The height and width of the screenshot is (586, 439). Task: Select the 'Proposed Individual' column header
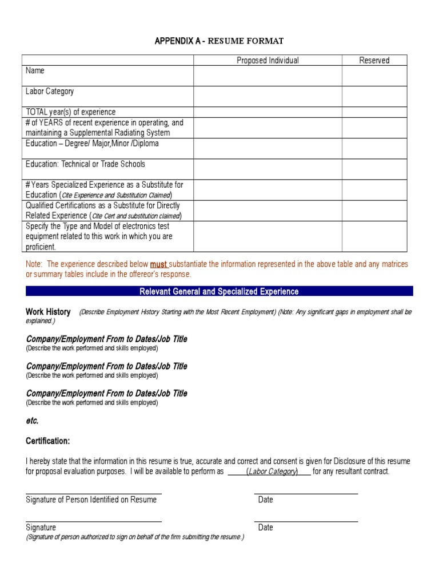click(x=268, y=60)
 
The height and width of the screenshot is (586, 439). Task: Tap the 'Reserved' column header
click(x=374, y=60)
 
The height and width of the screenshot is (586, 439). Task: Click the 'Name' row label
click(x=35, y=70)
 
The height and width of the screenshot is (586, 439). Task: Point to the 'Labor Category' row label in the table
click(x=50, y=91)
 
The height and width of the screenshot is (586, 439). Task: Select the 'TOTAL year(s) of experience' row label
click(x=70, y=112)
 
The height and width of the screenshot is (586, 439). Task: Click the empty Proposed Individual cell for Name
click(x=268, y=76)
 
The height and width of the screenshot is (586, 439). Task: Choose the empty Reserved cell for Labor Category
click(x=374, y=96)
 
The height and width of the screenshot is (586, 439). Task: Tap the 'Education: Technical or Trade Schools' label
click(x=85, y=164)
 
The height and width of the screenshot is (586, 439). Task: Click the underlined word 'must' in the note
click(x=158, y=264)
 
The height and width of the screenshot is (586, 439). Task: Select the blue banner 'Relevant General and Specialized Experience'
click(x=219, y=291)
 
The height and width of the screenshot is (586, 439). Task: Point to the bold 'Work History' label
click(x=48, y=312)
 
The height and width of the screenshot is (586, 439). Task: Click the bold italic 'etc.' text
click(x=32, y=421)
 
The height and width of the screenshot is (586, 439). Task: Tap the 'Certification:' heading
click(x=48, y=441)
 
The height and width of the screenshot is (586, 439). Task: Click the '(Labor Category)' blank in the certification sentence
click(x=272, y=472)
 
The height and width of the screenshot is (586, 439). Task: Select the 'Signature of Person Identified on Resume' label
click(x=91, y=500)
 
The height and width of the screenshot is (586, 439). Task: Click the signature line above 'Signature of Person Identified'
click(x=94, y=493)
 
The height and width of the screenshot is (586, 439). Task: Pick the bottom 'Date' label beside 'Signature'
click(x=265, y=527)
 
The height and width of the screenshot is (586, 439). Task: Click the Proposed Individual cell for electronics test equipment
click(x=268, y=236)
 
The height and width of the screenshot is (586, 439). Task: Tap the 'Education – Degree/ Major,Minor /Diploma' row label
click(x=92, y=144)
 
